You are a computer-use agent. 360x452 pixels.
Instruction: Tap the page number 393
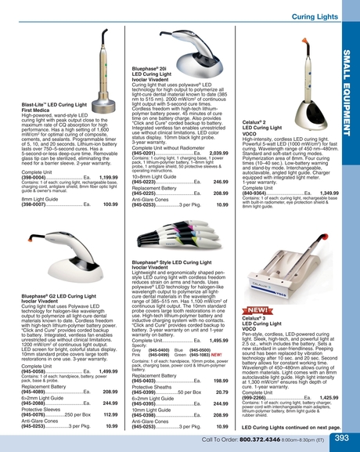click(342, 439)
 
